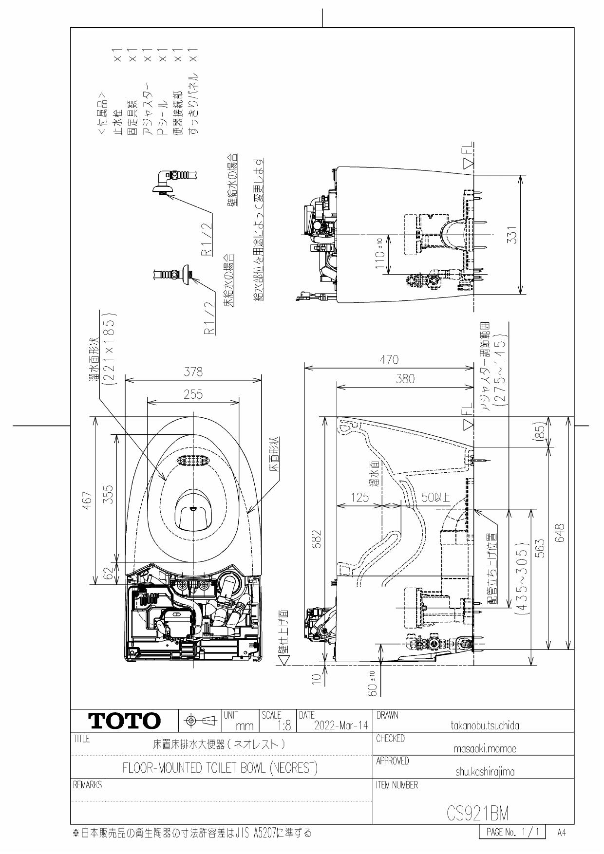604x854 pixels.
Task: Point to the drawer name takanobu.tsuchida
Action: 485,725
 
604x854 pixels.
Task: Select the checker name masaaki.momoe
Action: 485,749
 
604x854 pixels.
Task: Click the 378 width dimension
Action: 193,372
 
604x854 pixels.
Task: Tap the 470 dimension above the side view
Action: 389,360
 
